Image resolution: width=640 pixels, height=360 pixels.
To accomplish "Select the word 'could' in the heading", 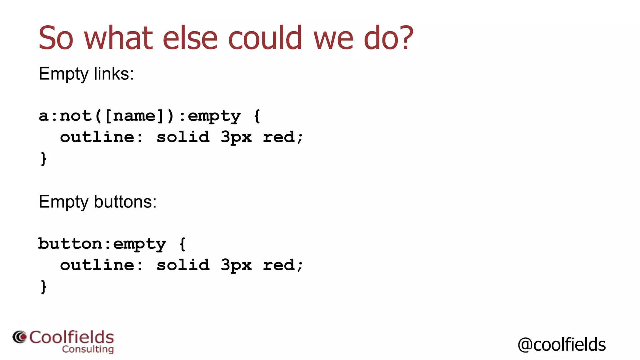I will pos(265,38).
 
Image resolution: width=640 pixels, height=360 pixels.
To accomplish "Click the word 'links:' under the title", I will pos(114,74).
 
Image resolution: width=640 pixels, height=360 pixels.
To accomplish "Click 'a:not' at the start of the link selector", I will pos(65,116).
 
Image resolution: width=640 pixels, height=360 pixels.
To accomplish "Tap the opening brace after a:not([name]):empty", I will pos(257,116).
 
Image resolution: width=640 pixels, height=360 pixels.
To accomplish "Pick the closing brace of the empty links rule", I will pos(43,158).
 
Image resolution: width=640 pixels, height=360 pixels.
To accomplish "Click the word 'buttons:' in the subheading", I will pos(125,202).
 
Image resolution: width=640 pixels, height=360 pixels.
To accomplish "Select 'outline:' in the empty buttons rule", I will pos(102,265).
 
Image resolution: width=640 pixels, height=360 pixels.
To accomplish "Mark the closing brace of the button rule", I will pos(43,287).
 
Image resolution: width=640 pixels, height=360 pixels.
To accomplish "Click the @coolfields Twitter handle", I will pos(562,345).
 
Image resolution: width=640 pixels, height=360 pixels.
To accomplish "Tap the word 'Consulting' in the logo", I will pos(88,349).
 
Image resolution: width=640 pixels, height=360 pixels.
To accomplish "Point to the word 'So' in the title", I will pos(56,38).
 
